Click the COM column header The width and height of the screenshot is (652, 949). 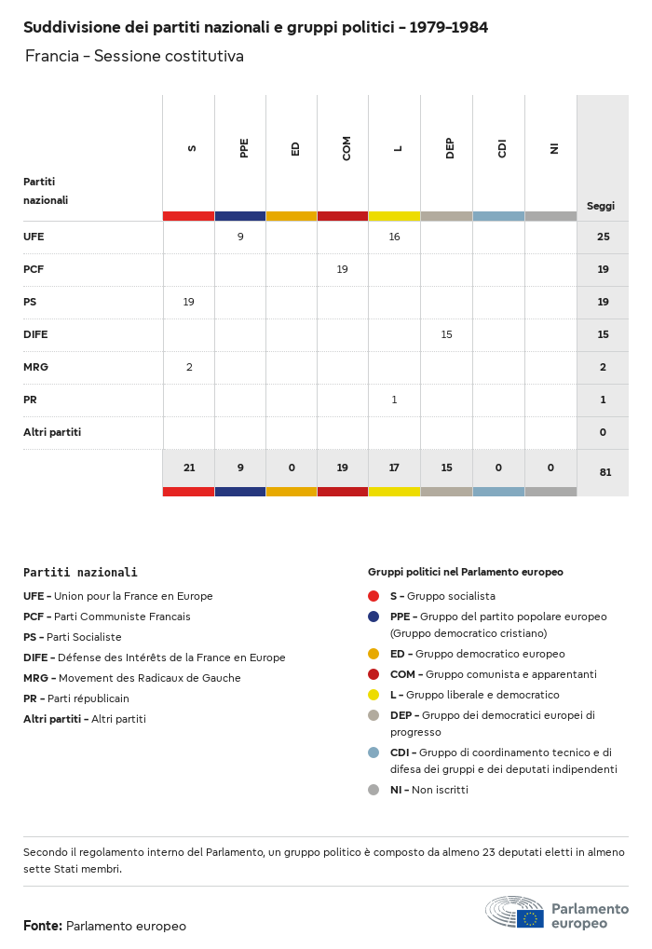pos(346,148)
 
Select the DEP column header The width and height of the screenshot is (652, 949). pos(450,148)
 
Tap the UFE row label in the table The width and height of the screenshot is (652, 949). pos(34,237)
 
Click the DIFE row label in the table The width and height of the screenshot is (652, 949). pos(35,334)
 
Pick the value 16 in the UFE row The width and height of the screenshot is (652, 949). pos(394,237)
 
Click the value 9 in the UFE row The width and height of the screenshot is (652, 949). pos(240,237)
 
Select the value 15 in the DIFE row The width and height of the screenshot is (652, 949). pos(446,334)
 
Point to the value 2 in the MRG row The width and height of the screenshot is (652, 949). pos(189,367)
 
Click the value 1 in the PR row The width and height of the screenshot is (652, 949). pos(394,400)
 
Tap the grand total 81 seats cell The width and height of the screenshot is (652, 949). pos(605,472)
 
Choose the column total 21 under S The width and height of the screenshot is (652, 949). pos(189,468)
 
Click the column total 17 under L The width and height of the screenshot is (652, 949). pos(394,468)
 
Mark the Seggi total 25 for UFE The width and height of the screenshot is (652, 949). pos(603,237)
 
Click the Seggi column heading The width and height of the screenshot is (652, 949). pos(601,206)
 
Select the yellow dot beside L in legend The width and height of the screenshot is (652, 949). pos(374,695)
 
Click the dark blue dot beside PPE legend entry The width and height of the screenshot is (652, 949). pos(374,617)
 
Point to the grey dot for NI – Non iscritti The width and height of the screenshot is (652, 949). pos(374,790)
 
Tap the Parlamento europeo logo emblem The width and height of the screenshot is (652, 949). pos(514,913)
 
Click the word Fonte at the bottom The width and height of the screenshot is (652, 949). pos(43,926)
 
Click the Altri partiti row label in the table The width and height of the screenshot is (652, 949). pos(52,432)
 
